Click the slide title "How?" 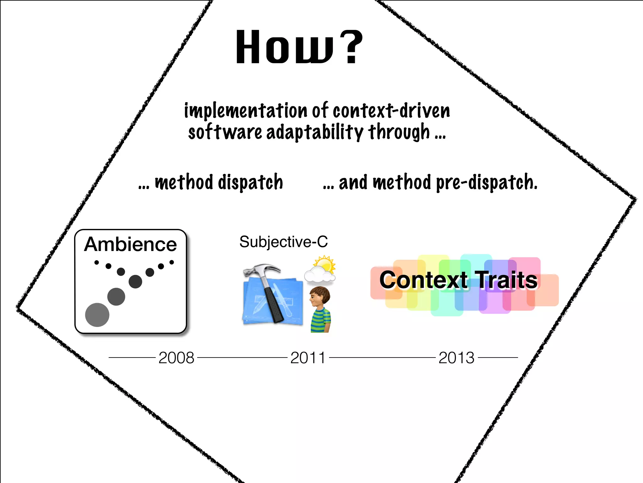click(x=299, y=47)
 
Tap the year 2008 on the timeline click(x=176, y=358)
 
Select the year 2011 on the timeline click(x=308, y=358)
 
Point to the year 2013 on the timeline click(x=456, y=358)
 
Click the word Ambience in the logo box click(x=130, y=244)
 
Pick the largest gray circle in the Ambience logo click(x=97, y=315)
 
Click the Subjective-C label click(x=284, y=242)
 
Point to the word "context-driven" click(x=391, y=111)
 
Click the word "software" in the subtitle click(x=225, y=132)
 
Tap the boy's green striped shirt click(x=320, y=321)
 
